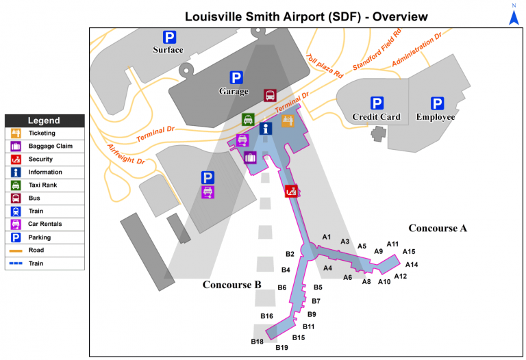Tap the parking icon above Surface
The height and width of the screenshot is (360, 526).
pyautogui.click(x=168, y=37)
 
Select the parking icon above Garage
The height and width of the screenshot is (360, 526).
pyautogui.click(x=236, y=78)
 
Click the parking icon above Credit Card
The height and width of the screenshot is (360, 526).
pyautogui.click(x=377, y=103)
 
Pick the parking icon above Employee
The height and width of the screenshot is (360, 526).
pyautogui.click(x=436, y=103)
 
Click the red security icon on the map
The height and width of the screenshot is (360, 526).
pyautogui.click(x=292, y=191)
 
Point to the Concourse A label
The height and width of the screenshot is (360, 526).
pyautogui.click(x=438, y=228)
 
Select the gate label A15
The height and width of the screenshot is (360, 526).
pyautogui.click(x=409, y=252)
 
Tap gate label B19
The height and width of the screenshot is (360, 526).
pyautogui.click(x=281, y=348)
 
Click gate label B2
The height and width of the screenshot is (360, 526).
pyautogui.click(x=290, y=255)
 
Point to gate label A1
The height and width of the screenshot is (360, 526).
pyautogui.click(x=327, y=237)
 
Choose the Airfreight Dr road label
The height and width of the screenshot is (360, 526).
pyautogui.click(x=125, y=154)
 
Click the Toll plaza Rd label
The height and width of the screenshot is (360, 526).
pyautogui.click(x=324, y=66)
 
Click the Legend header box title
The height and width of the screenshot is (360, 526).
pyautogui.click(x=44, y=120)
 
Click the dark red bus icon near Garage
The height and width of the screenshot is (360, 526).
pyautogui.click(x=271, y=94)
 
